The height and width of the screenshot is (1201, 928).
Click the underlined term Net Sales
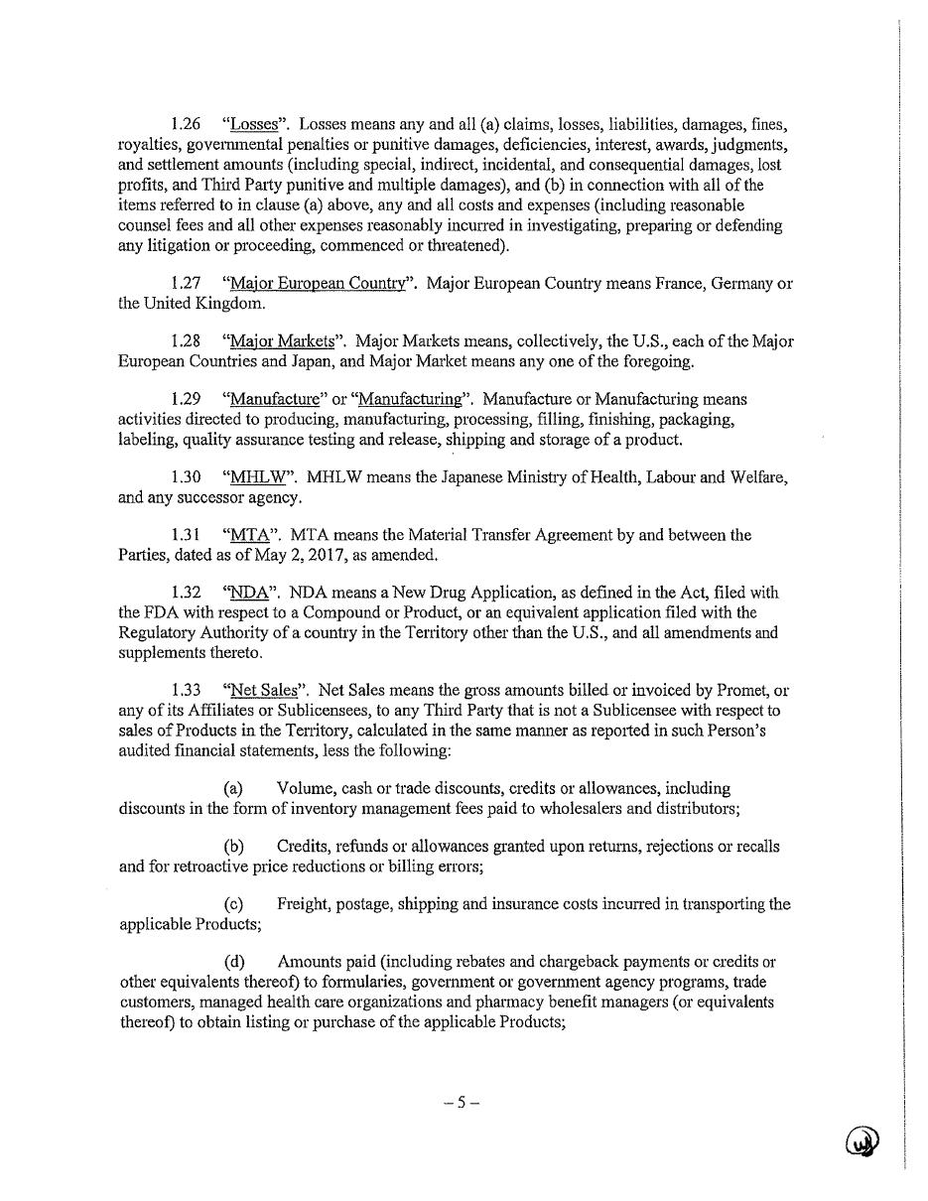click(263, 690)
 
